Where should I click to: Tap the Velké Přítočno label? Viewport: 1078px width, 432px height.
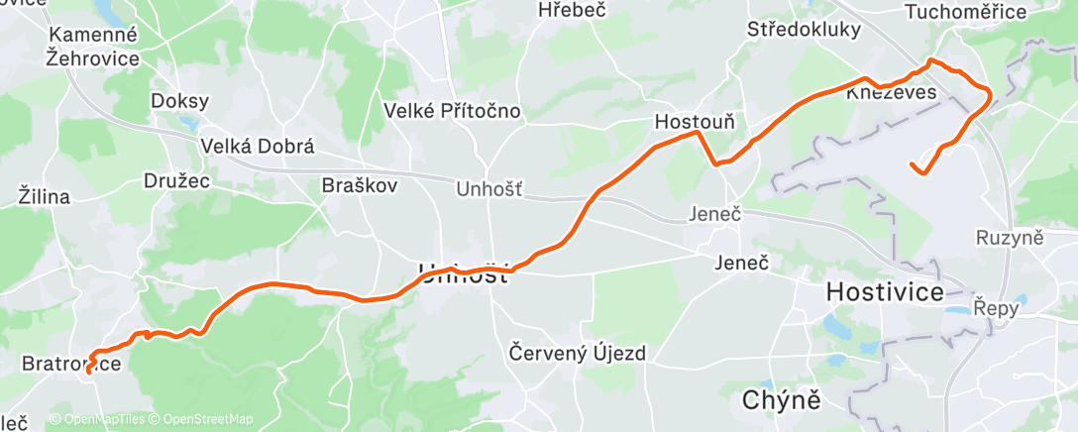point(453,111)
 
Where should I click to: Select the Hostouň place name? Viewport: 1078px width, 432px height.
point(695,123)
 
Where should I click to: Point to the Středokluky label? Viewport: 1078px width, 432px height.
point(804,30)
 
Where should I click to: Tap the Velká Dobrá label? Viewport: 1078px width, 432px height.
point(257,146)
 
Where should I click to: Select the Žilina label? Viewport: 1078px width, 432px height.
point(44,196)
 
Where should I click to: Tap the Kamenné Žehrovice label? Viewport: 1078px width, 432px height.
point(92,46)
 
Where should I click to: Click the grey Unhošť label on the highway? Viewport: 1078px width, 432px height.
point(488,188)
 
